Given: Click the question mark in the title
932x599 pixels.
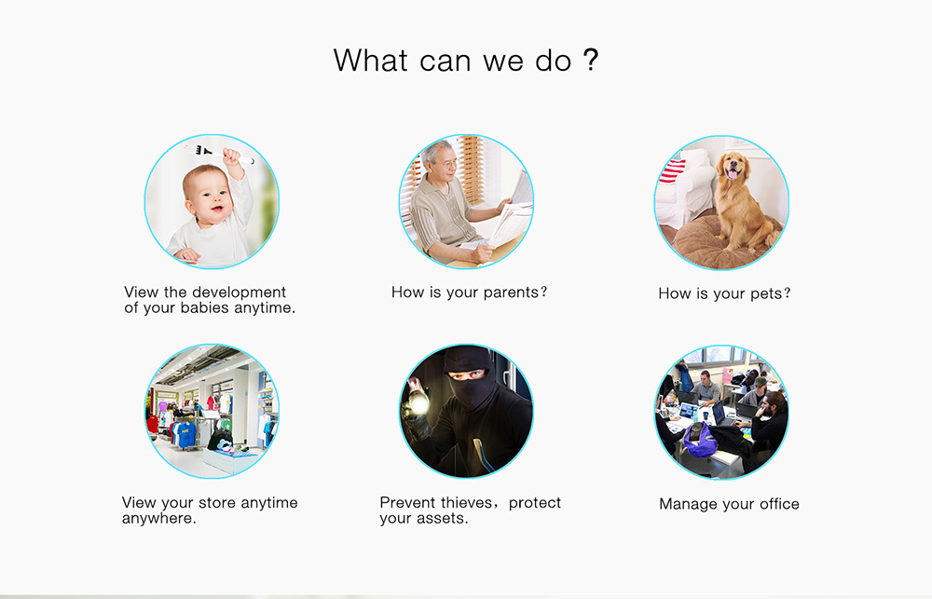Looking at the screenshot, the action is point(590,60).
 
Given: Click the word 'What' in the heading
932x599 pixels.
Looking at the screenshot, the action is point(371,60).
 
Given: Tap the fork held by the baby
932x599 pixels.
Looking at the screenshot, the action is point(220,153).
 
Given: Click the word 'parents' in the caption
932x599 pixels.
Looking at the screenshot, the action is point(511,293).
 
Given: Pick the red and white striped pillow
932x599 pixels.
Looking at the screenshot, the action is point(674,171).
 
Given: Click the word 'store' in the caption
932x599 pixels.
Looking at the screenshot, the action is point(217,503).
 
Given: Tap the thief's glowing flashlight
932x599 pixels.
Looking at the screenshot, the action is point(418,406).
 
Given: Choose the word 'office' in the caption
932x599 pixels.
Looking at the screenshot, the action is point(779,504).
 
